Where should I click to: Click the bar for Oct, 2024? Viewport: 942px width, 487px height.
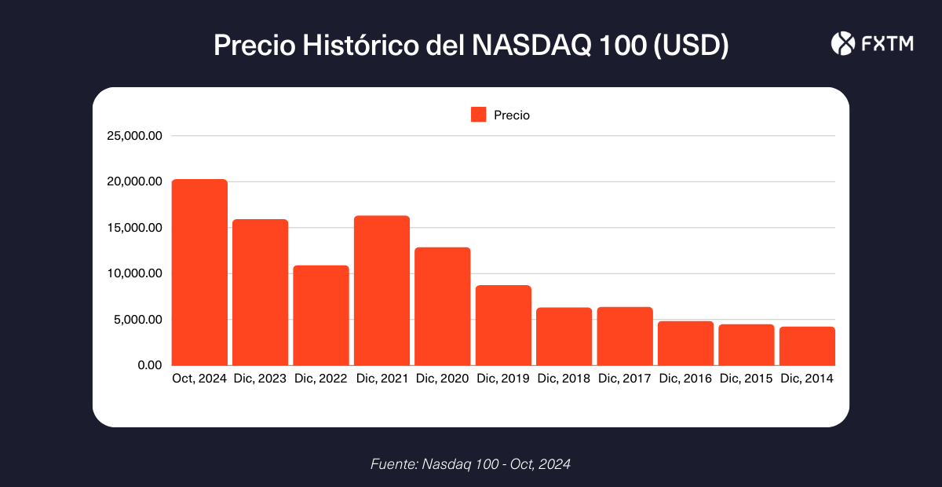[x=199, y=273]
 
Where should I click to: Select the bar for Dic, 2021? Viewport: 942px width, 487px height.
[x=382, y=291]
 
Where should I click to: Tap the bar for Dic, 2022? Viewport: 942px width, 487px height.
[x=321, y=316]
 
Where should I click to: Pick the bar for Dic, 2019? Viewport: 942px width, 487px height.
[x=503, y=325]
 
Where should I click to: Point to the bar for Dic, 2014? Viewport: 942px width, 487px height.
[x=807, y=346]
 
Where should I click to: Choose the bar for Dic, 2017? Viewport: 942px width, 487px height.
[x=625, y=336]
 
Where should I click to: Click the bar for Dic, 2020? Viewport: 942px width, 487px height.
[x=443, y=306]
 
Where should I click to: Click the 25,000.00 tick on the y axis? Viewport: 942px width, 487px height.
[x=134, y=136]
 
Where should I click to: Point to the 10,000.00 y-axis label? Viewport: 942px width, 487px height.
[x=134, y=273]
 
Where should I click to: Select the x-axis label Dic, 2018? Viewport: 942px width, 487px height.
[x=564, y=379]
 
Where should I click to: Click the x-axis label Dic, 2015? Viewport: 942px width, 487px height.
[x=747, y=379]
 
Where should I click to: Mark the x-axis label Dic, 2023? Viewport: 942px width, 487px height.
[x=260, y=379]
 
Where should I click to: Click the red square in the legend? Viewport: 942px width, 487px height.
[x=479, y=115]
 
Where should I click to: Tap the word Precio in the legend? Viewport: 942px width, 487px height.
[x=512, y=115]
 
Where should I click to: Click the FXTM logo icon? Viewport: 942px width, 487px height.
[x=842, y=44]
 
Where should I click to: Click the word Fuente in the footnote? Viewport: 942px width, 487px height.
[x=393, y=464]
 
